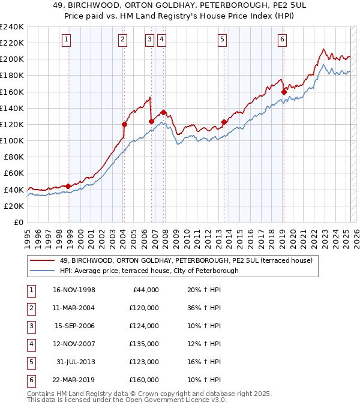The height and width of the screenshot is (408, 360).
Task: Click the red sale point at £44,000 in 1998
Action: click(x=68, y=186)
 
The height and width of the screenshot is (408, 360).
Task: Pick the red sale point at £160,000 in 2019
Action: click(x=284, y=92)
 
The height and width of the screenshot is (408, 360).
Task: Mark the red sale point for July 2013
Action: click(x=224, y=122)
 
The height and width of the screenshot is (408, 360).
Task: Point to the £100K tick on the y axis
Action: click(x=13, y=140)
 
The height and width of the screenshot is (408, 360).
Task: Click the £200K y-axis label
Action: click(x=13, y=59)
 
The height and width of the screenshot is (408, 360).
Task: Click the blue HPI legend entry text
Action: click(x=149, y=271)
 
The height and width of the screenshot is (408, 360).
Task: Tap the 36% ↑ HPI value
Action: click(x=200, y=308)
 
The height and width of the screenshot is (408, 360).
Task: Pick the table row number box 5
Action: click(x=30, y=362)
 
